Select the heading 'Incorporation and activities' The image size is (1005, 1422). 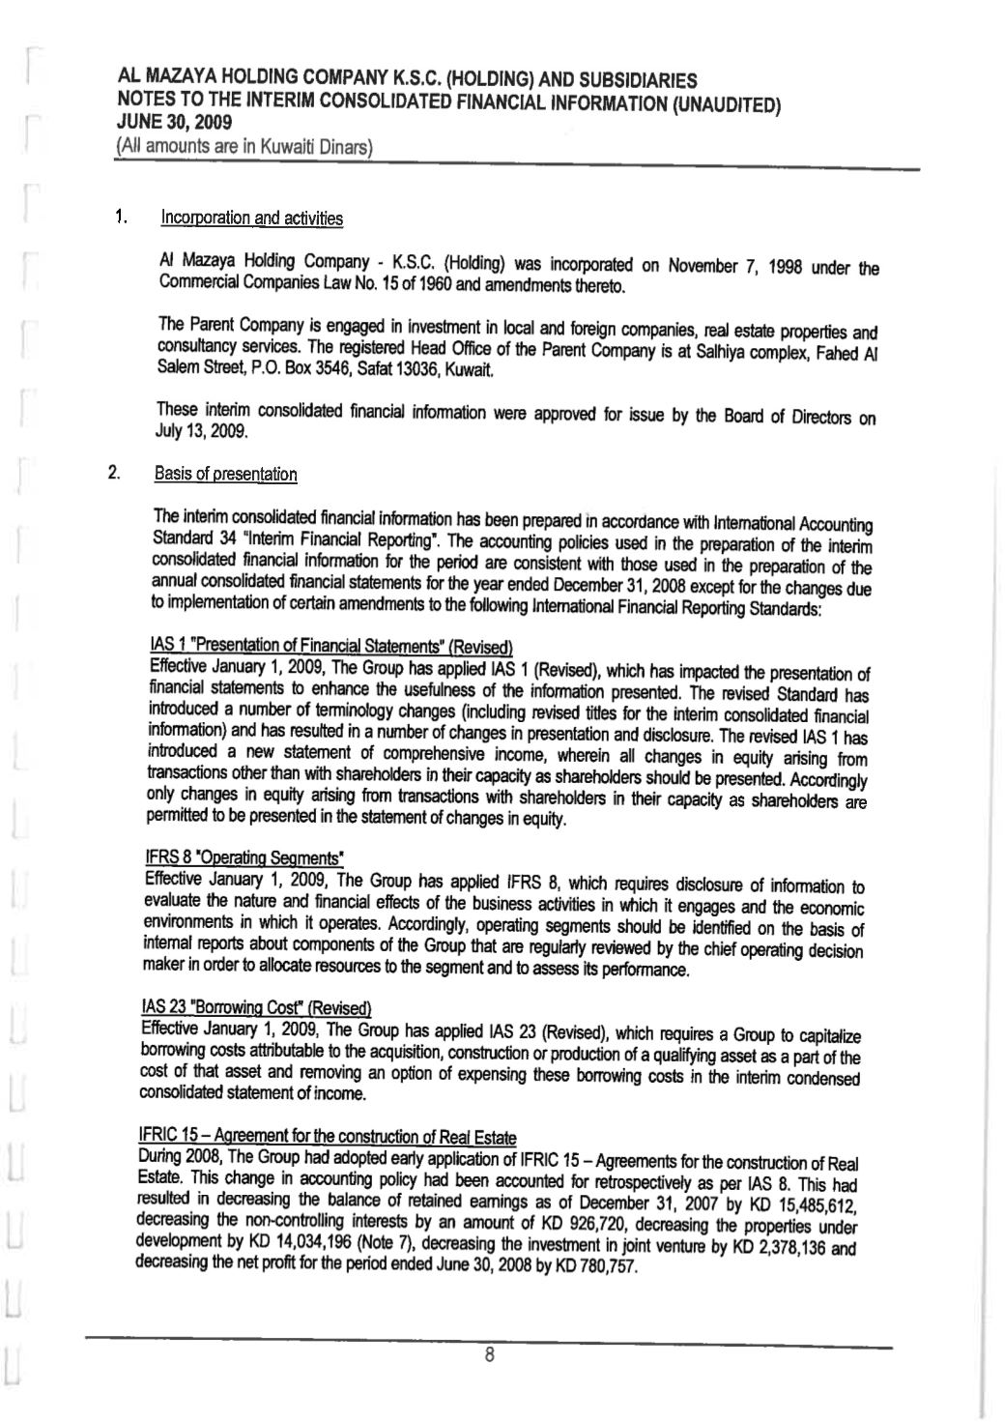pos(251,218)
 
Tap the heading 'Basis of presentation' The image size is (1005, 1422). pos(225,475)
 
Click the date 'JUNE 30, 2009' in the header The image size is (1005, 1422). pos(174,124)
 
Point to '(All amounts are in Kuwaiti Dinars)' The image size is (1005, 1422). pos(244,148)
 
